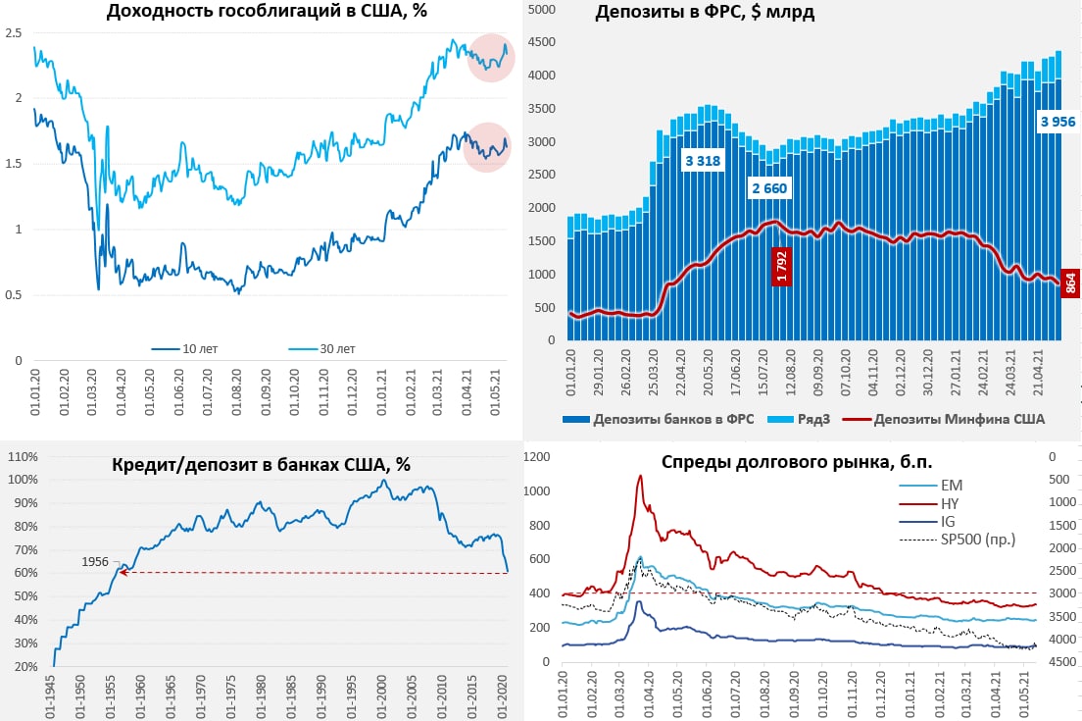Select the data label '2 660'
click(768, 188)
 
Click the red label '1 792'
click(781, 265)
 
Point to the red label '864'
click(1070, 283)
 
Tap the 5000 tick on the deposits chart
click(541, 9)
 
